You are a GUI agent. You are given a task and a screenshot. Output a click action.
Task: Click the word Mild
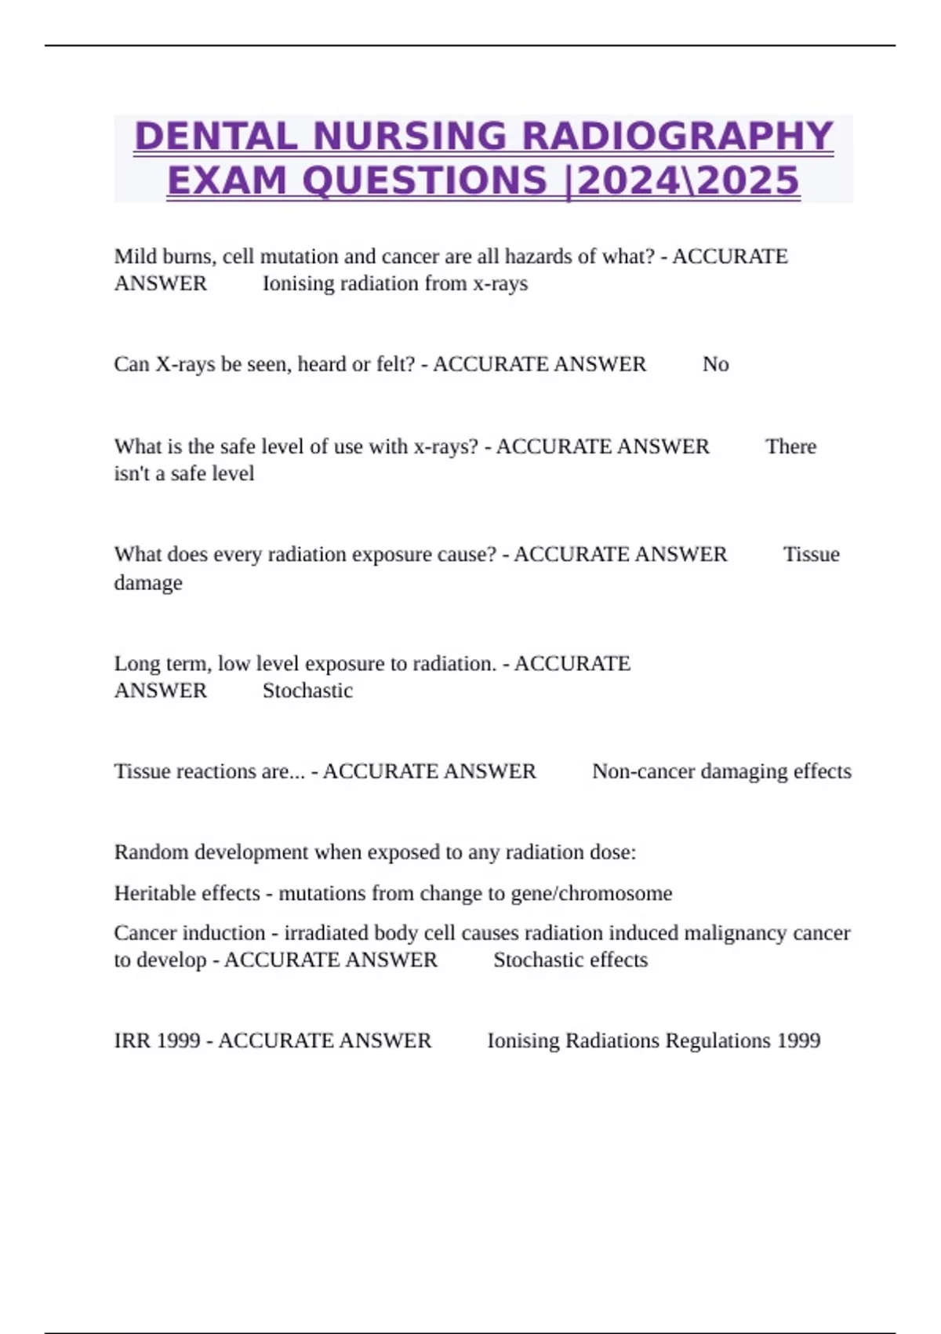click(x=135, y=257)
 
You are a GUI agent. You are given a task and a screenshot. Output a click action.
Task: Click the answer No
click(x=715, y=364)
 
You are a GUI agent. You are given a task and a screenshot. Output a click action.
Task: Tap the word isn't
click(x=132, y=474)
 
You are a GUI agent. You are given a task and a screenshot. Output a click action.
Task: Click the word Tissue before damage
click(x=811, y=555)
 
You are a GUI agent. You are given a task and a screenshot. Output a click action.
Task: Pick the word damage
click(x=148, y=583)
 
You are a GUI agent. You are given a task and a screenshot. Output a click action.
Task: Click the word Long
click(x=137, y=664)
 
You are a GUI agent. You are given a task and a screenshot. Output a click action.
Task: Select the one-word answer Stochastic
click(x=307, y=691)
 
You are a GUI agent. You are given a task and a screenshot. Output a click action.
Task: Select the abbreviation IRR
click(x=132, y=1041)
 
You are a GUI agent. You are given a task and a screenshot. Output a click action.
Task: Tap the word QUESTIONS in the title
click(x=424, y=180)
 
